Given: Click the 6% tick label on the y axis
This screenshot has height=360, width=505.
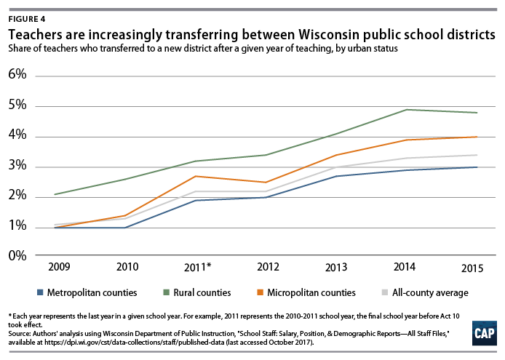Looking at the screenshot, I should (x=17, y=76).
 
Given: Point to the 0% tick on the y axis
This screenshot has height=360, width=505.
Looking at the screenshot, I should (x=17, y=256).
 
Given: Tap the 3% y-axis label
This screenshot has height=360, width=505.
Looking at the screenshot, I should (x=17, y=166).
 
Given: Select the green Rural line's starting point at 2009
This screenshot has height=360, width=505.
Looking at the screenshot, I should (x=55, y=194).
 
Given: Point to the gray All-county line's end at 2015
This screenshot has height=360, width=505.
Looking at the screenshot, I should (x=477, y=155).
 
